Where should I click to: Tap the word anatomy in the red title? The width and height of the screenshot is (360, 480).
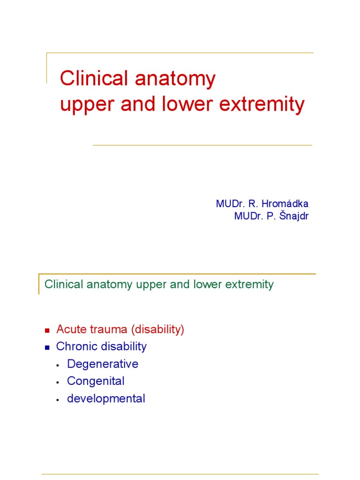click(175, 80)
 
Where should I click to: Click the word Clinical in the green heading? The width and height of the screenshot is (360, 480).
click(63, 285)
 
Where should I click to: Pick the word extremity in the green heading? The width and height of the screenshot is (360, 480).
click(250, 285)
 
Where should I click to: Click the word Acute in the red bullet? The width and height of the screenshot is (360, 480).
click(69, 330)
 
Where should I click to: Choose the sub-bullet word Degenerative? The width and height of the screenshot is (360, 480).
click(103, 364)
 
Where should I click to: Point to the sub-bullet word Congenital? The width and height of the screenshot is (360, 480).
click(96, 381)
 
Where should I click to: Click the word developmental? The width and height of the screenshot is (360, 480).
click(106, 398)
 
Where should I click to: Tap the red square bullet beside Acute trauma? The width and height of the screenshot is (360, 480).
click(47, 330)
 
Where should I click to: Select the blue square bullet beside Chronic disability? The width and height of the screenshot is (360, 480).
click(47, 347)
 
